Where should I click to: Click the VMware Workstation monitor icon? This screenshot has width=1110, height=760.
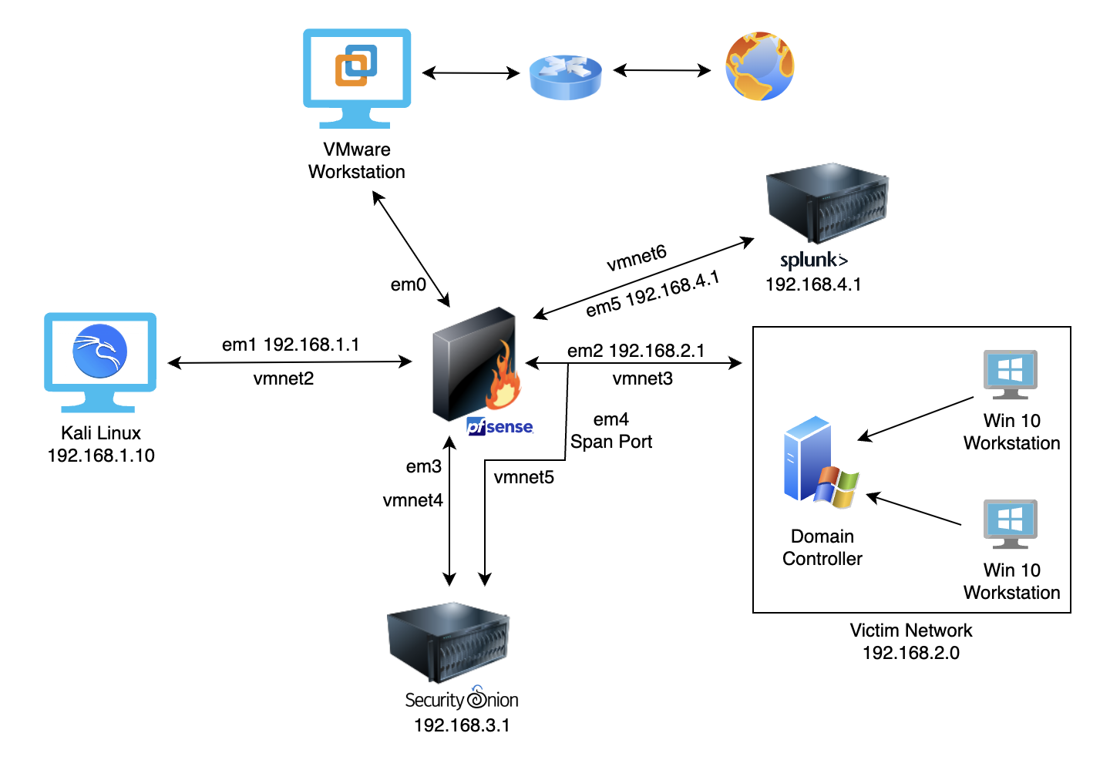357,77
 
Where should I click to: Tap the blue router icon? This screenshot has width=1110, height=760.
566,76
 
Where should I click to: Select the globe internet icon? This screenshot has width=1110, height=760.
759,66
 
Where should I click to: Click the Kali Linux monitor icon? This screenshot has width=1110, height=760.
100,361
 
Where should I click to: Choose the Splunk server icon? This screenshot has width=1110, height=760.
826,203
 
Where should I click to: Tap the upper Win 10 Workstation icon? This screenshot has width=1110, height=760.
1010,375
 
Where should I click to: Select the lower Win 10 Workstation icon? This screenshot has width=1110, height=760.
1010,524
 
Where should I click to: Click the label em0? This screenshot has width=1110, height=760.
408,285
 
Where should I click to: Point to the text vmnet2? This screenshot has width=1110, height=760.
283,378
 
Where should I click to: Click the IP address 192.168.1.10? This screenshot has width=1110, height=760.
101,456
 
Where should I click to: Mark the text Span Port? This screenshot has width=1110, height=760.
610,442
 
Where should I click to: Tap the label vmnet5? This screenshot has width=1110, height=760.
523,477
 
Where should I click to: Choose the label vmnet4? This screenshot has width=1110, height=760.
412,500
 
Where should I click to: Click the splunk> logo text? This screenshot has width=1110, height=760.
813,261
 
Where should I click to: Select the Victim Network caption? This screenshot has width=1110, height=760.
910,631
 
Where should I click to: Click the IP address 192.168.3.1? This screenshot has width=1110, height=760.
462,725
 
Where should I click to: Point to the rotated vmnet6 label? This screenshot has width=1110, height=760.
636,258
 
